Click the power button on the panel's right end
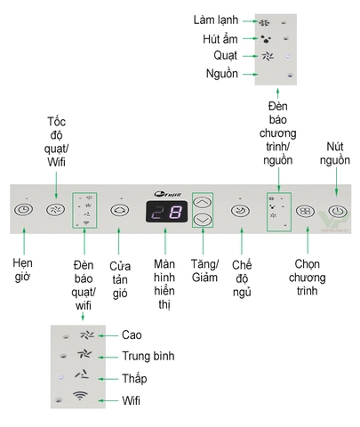tap(335, 213)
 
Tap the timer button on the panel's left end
tap(25, 212)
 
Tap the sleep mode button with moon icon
tap(240, 211)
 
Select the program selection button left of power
tap(305, 213)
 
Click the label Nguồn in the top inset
tap(221, 74)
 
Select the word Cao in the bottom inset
tap(133, 335)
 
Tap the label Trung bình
tap(149, 356)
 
